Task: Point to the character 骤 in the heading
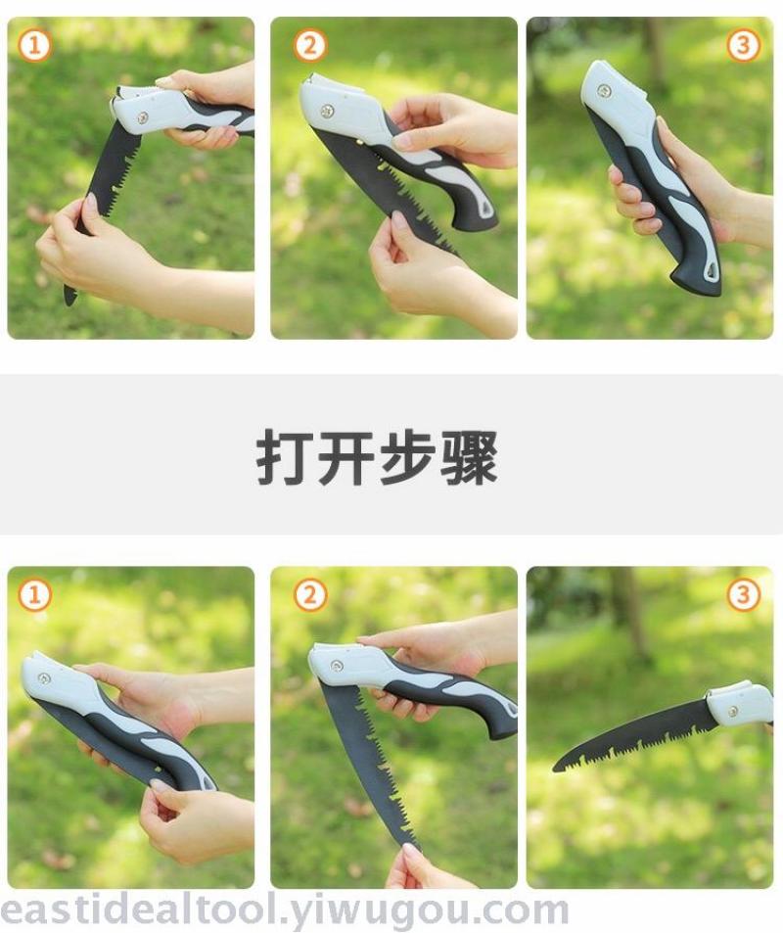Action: click(x=469, y=457)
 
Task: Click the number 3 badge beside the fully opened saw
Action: click(x=743, y=595)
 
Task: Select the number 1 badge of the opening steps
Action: click(x=34, y=595)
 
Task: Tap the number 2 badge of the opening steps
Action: click(x=309, y=595)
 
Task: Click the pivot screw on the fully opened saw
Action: click(x=734, y=711)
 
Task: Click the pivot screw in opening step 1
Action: click(x=43, y=677)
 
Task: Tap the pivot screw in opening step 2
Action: click(x=336, y=665)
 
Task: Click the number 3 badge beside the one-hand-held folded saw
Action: click(x=743, y=45)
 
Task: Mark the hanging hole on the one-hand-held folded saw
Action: click(x=711, y=270)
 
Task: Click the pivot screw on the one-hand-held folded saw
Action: click(x=604, y=91)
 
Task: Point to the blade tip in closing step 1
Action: click(x=69, y=299)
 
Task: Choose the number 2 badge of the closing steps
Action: click(x=309, y=45)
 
